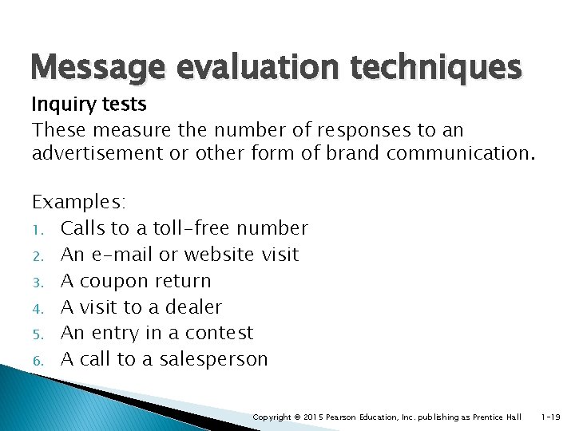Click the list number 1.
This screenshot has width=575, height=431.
point(37,230)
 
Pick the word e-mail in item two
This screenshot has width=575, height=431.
point(128,255)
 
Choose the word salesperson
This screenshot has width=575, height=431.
point(213,359)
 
